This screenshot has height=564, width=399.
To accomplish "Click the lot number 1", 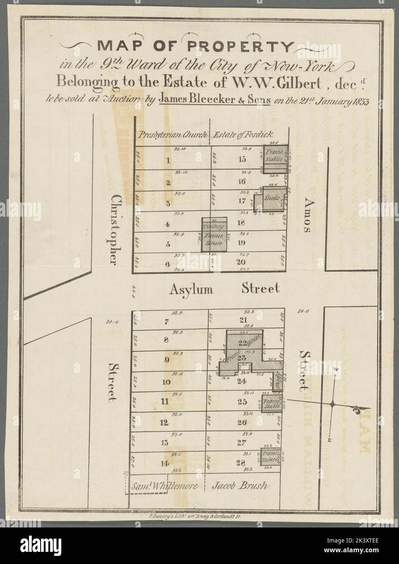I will (x=168, y=160).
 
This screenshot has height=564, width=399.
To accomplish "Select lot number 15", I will (x=242, y=159).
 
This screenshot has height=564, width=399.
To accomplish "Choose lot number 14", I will (x=165, y=463).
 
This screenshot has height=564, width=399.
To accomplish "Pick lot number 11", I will (x=165, y=402).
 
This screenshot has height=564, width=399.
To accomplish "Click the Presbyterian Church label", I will (x=173, y=134).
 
